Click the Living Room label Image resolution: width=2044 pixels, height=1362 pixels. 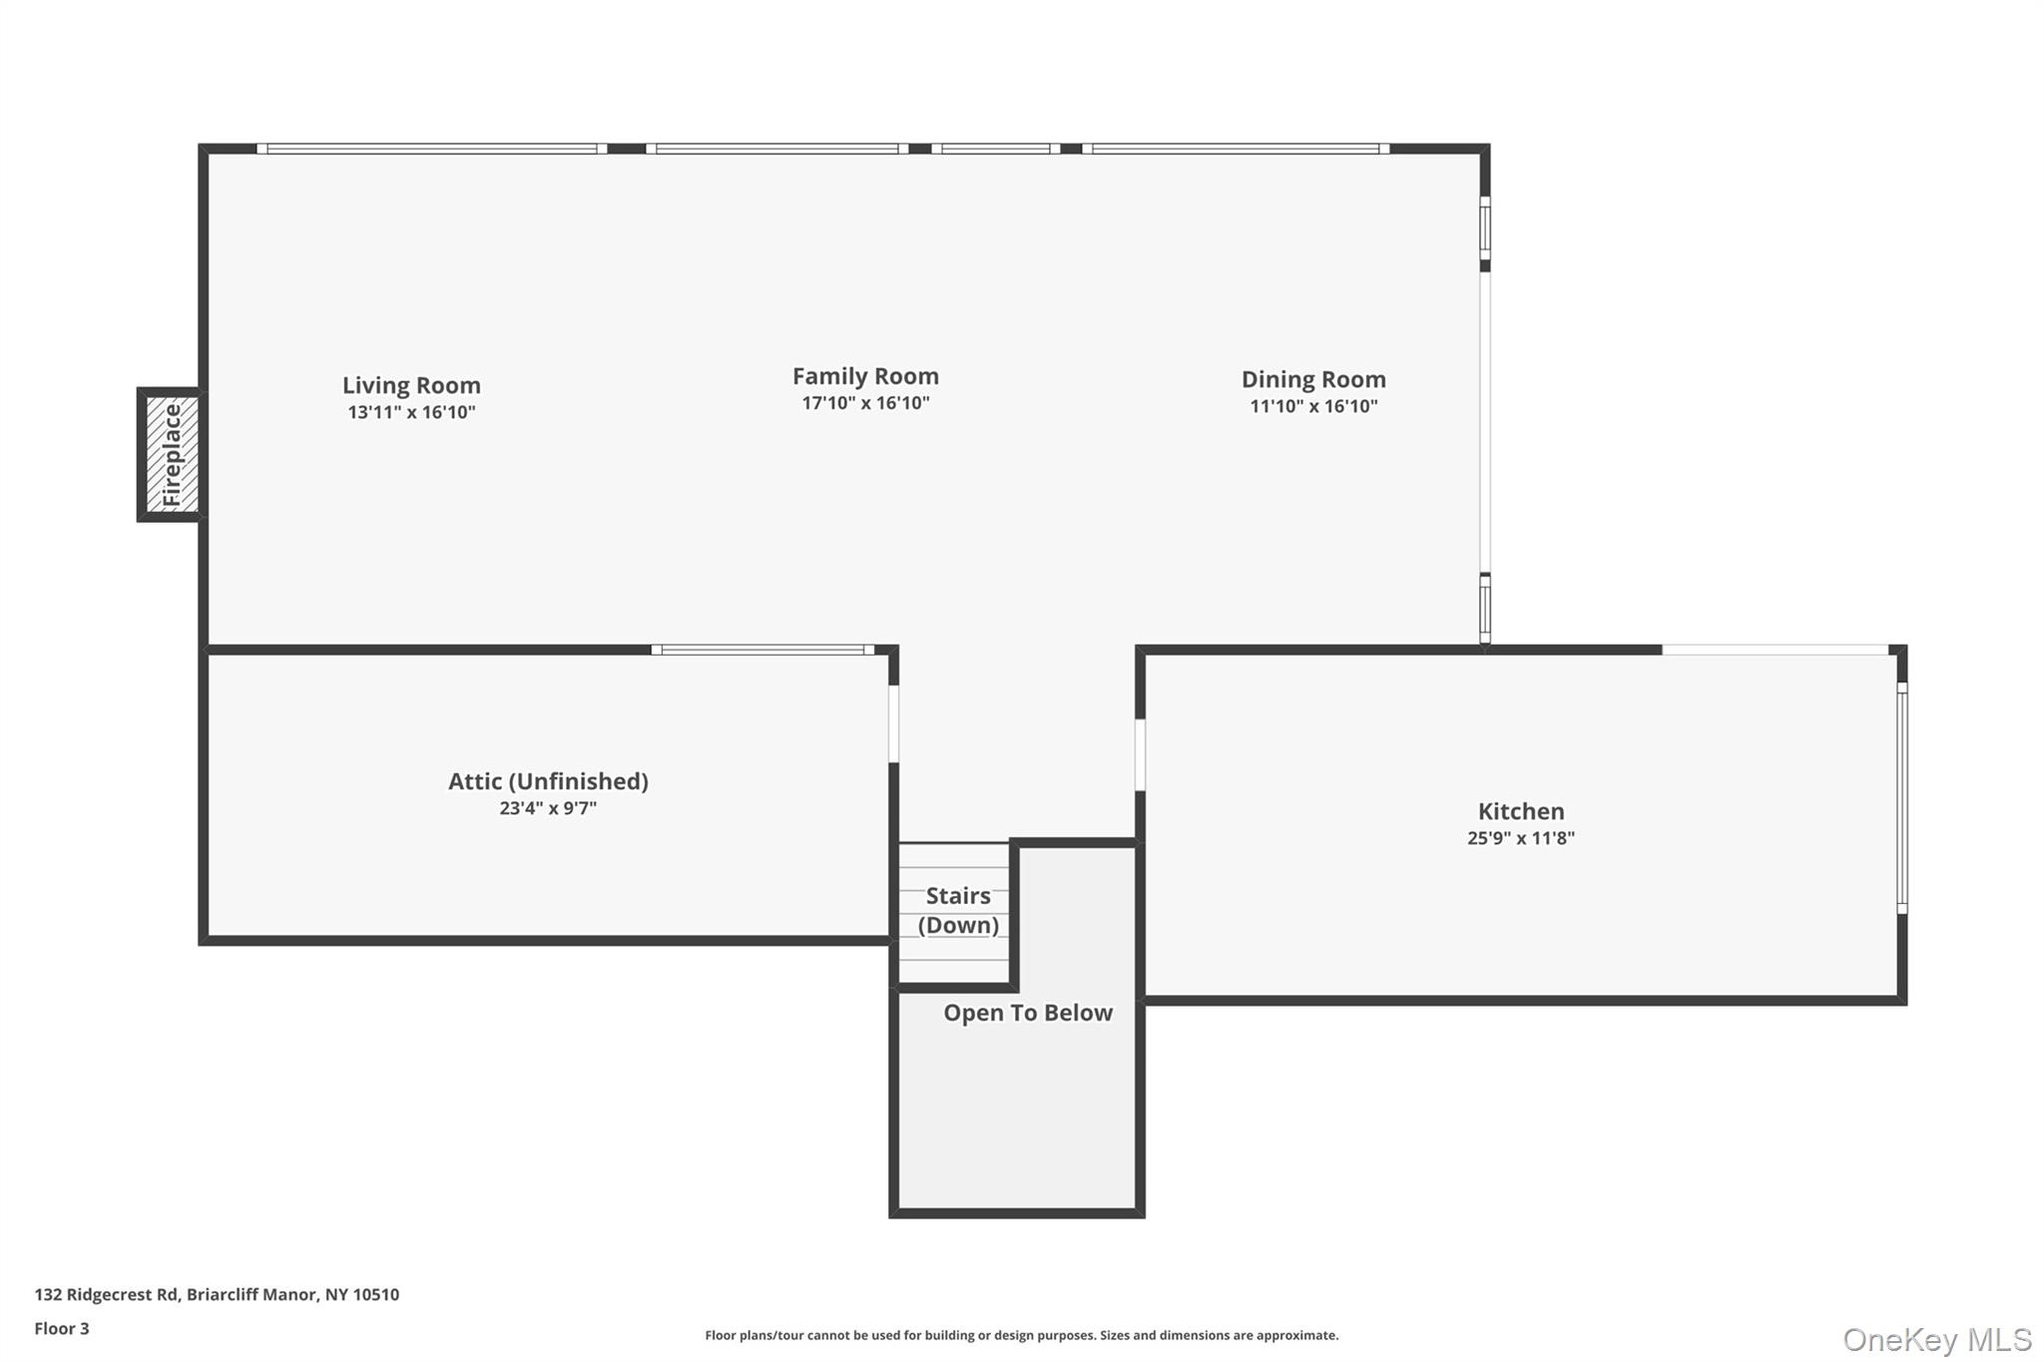coord(411,385)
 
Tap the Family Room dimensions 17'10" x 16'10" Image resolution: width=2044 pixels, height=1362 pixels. coord(865,403)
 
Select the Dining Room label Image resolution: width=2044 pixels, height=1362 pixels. coord(1312,379)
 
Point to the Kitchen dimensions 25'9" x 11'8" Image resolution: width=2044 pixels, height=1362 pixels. coord(1520,838)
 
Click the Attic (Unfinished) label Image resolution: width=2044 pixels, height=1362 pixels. coord(548,781)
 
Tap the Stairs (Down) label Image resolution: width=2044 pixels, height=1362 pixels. coord(957,910)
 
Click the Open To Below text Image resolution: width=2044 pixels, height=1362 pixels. coord(1027,1013)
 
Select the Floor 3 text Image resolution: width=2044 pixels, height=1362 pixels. coord(62,1328)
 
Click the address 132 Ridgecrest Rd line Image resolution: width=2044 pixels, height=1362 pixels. coord(217,1294)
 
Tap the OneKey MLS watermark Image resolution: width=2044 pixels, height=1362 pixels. coord(1936,1339)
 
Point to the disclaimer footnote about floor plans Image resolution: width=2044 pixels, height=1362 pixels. coord(1021,1335)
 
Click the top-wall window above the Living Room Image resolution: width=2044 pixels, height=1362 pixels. coord(431,149)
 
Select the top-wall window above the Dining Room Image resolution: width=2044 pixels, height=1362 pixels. coord(1236,149)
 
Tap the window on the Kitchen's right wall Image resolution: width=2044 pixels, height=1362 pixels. coord(1901,798)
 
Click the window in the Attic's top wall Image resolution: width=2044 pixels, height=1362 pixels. coord(763,650)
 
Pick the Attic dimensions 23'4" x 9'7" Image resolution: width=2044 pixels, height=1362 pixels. coord(548,808)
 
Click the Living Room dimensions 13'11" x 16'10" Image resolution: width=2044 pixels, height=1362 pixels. coord(411,412)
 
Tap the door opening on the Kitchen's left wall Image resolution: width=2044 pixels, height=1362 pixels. coord(1140,755)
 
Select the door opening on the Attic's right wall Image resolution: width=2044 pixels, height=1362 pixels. coord(893,723)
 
